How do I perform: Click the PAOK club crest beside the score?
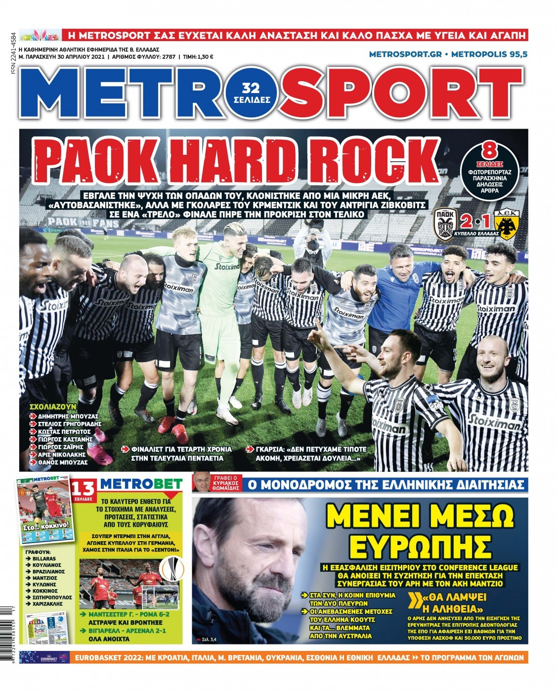point(445,225)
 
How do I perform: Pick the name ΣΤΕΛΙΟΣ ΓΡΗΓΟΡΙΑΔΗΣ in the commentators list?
point(69,424)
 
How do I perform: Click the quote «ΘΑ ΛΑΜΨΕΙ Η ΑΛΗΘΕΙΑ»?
point(452,602)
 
